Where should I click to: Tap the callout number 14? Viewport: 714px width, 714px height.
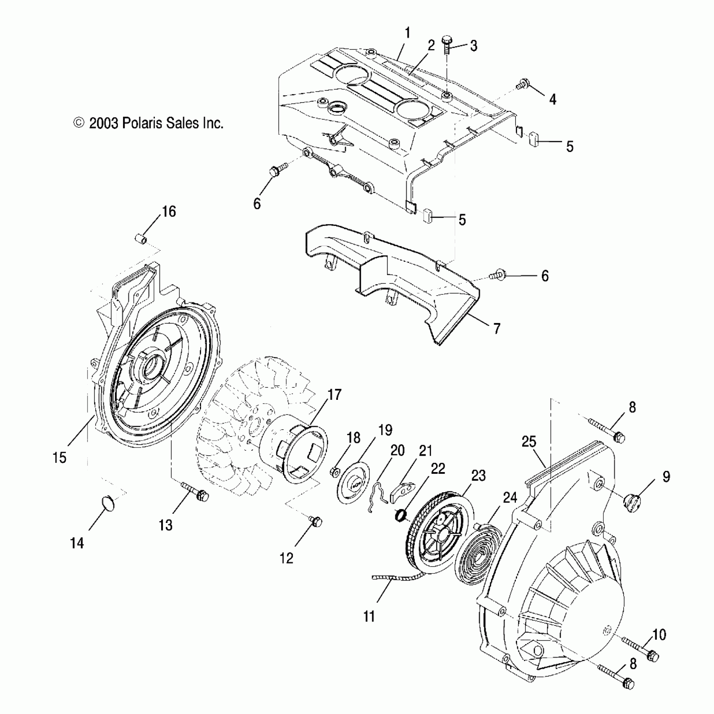(x=77, y=543)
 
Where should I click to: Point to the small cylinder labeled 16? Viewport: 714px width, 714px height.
(x=141, y=240)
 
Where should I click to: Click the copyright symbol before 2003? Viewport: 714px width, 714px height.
(x=78, y=123)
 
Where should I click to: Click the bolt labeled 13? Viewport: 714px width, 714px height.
(x=196, y=492)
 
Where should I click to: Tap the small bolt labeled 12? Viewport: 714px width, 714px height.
(x=316, y=521)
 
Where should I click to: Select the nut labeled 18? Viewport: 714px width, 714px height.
(x=335, y=472)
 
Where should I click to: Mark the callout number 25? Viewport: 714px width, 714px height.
(x=529, y=442)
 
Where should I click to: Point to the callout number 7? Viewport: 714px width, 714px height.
(x=497, y=329)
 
